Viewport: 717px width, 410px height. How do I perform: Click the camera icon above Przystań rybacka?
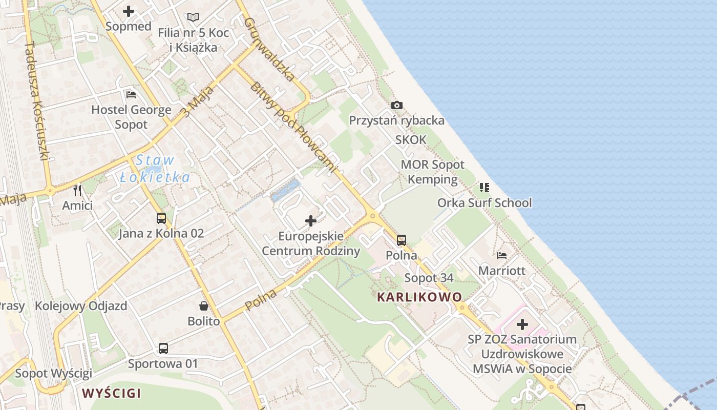tap(397, 106)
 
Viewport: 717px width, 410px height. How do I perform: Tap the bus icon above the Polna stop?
tap(402, 240)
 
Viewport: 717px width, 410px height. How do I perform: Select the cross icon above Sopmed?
tap(128, 11)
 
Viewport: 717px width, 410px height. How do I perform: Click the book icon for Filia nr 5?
tap(193, 17)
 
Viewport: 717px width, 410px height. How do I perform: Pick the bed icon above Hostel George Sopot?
tap(131, 95)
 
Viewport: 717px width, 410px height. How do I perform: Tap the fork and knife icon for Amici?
tap(77, 191)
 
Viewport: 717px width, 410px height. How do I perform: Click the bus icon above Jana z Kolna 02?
tap(161, 218)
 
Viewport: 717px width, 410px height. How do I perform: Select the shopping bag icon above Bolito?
tap(204, 306)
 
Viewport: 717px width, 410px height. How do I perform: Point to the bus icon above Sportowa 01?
tap(163, 348)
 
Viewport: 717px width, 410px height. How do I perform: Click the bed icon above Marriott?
tap(502, 255)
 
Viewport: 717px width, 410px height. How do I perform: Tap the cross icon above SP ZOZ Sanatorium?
tap(522, 324)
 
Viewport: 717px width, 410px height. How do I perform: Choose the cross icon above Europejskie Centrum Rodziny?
tap(311, 221)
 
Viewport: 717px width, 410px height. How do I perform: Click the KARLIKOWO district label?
tap(419, 297)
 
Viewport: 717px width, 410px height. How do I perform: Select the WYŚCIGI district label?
tap(112, 394)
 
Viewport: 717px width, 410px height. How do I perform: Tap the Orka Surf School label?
tap(484, 203)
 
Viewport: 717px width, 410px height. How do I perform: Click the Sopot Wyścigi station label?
tap(53, 373)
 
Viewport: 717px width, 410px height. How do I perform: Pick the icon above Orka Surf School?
tap(484, 188)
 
